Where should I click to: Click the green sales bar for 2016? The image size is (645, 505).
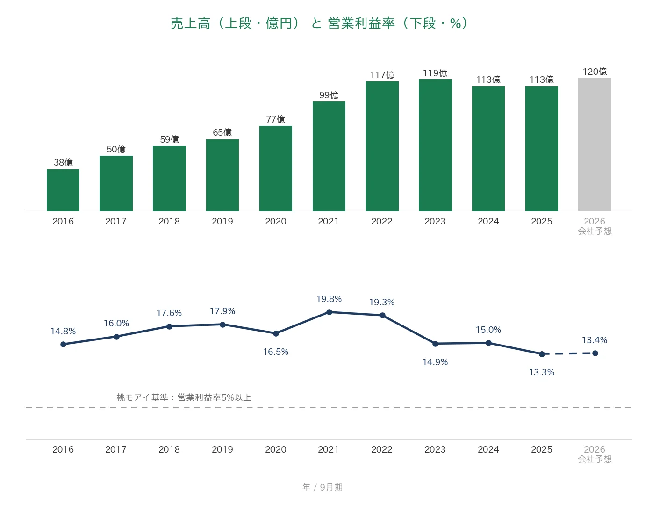[63, 190]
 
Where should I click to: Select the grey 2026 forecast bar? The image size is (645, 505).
[595, 144]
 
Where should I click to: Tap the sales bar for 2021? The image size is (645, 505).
[329, 157]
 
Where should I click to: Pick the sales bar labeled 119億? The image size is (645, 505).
[435, 145]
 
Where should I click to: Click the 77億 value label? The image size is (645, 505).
[275, 119]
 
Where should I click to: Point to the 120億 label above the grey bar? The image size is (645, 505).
[595, 72]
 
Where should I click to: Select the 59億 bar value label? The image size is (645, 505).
[170, 139]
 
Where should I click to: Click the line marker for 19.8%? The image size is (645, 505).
[329, 312]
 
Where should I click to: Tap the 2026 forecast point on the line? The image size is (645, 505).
[595, 353]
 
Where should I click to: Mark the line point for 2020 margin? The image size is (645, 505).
[276, 334]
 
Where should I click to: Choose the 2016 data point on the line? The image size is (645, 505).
[63, 345]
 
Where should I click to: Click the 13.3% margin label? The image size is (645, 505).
[542, 372]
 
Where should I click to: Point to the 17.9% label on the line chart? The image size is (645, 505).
[222, 311]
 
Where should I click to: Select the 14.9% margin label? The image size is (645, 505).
[435, 362]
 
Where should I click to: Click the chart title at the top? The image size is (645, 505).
[320, 23]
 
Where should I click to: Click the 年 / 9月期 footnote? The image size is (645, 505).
[322, 487]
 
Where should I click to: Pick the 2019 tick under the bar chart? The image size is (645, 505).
[222, 221]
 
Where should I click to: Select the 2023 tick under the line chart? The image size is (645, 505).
[435, 449]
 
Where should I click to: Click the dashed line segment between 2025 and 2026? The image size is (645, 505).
[568, 353]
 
